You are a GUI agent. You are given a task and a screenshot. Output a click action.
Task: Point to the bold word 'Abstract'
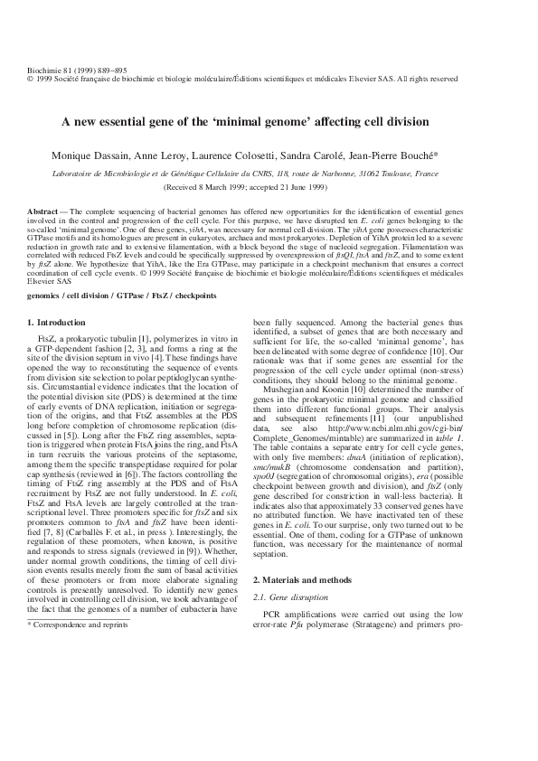point(43,210)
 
